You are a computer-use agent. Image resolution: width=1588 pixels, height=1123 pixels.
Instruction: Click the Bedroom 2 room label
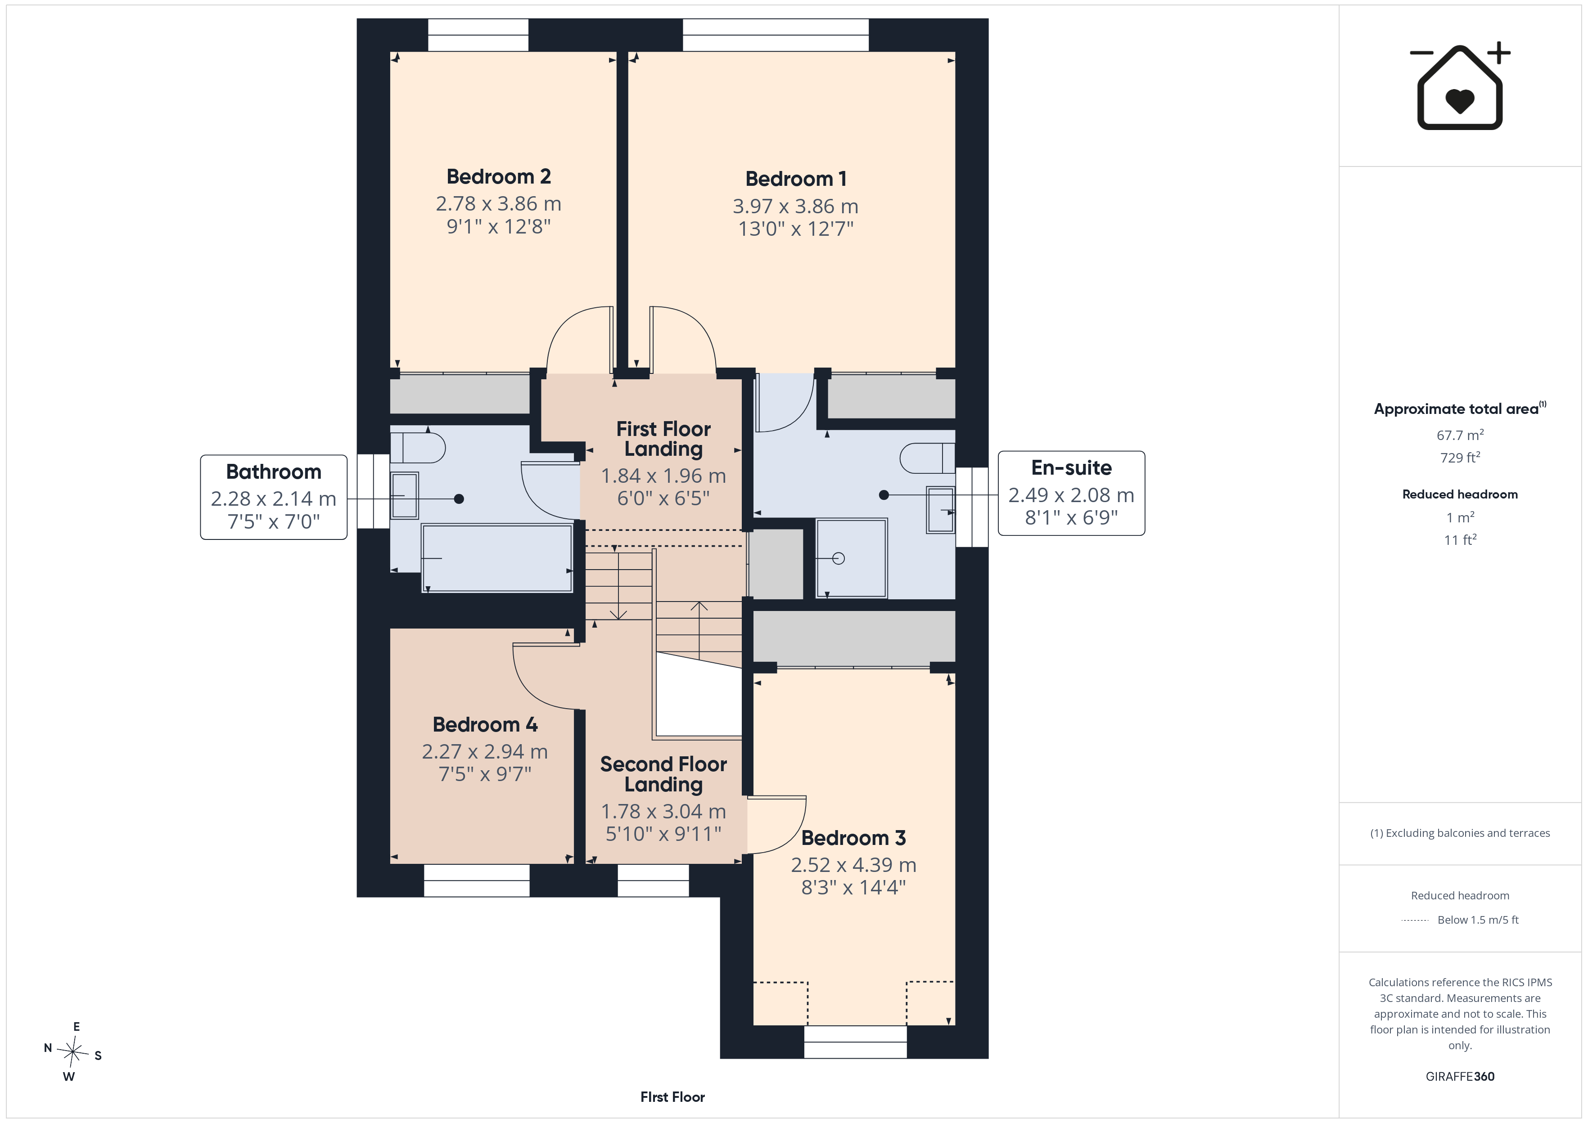499,177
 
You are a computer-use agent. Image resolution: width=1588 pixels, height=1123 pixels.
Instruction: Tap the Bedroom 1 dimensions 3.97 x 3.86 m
795,206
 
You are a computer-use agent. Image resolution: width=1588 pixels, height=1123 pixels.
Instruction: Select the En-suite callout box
1071,493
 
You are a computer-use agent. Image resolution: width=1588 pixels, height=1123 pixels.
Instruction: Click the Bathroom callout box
274,497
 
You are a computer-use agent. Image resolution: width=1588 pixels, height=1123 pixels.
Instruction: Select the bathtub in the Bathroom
496,558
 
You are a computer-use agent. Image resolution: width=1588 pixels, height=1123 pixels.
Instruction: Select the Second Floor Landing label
663,774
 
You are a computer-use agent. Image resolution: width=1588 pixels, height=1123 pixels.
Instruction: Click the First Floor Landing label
663,438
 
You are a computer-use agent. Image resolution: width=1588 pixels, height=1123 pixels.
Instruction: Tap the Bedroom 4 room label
485,725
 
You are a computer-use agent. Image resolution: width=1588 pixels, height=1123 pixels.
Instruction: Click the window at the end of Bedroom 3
856,1042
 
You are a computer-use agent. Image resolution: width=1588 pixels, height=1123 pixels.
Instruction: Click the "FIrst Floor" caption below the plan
672,1097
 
